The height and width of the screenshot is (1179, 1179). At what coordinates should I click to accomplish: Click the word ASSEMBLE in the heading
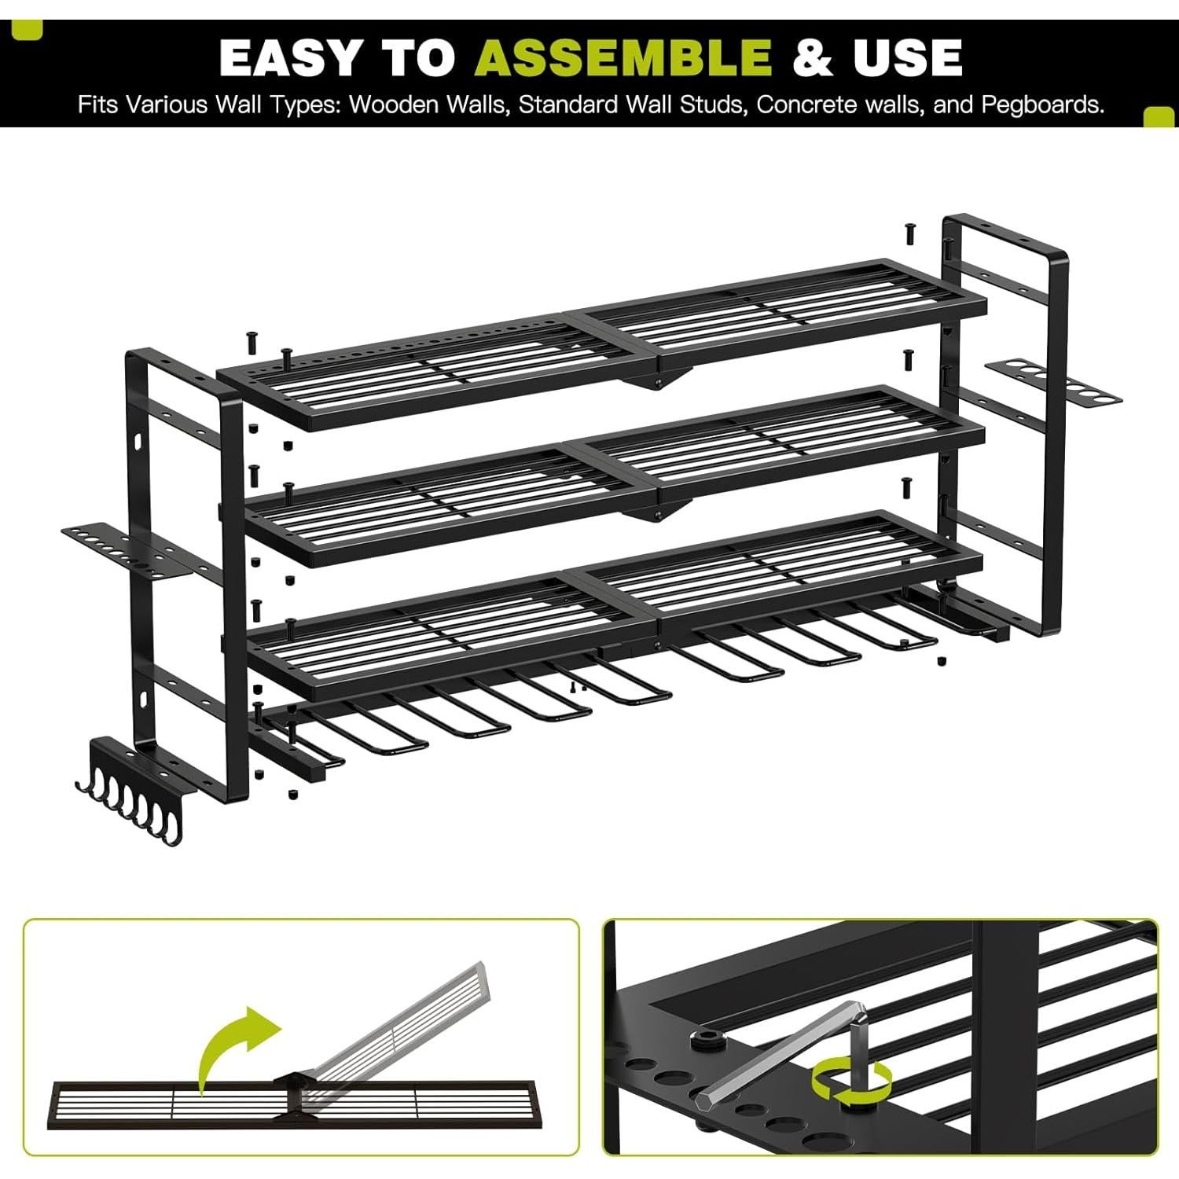click(625, 57)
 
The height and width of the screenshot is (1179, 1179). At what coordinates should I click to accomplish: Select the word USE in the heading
click(908, 57)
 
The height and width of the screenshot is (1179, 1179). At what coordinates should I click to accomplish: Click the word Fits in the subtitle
click(98, 105)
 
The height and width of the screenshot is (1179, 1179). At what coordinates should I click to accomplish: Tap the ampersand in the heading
click(813, 57)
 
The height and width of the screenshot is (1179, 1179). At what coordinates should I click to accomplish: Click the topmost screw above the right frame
click(909, 232)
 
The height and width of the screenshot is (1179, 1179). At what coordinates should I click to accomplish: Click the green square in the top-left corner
click(31, 29)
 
